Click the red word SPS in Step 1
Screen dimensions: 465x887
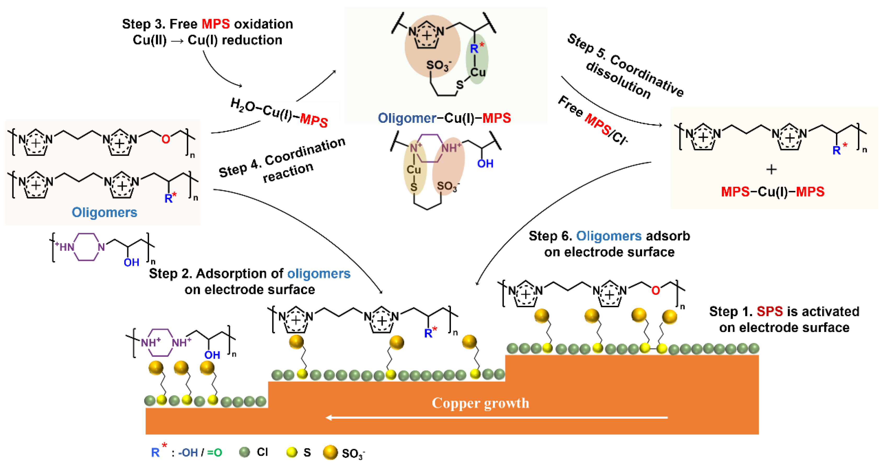(770, 312)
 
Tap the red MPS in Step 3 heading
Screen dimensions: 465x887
(216, 24)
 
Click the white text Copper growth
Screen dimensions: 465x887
(480, 403)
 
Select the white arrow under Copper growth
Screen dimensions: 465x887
(496, 417)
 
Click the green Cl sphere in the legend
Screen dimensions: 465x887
(244, 452)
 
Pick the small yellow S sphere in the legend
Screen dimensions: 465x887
(292, 452)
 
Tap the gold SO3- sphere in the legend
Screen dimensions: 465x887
(330, 452)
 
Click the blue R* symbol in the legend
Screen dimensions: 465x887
(157, 452)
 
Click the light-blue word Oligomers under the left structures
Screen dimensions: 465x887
(104, 212)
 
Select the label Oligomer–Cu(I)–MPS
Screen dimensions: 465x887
(444, 118)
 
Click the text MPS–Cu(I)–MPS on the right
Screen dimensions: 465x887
(772, 192)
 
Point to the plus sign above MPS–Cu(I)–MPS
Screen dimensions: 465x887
(771, 169)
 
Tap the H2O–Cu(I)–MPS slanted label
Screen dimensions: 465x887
(279, 113)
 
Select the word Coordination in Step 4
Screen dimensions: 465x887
(305, 151)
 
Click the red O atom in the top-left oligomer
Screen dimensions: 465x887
(166, 139)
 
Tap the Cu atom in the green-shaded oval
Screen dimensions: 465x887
(478, 72)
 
